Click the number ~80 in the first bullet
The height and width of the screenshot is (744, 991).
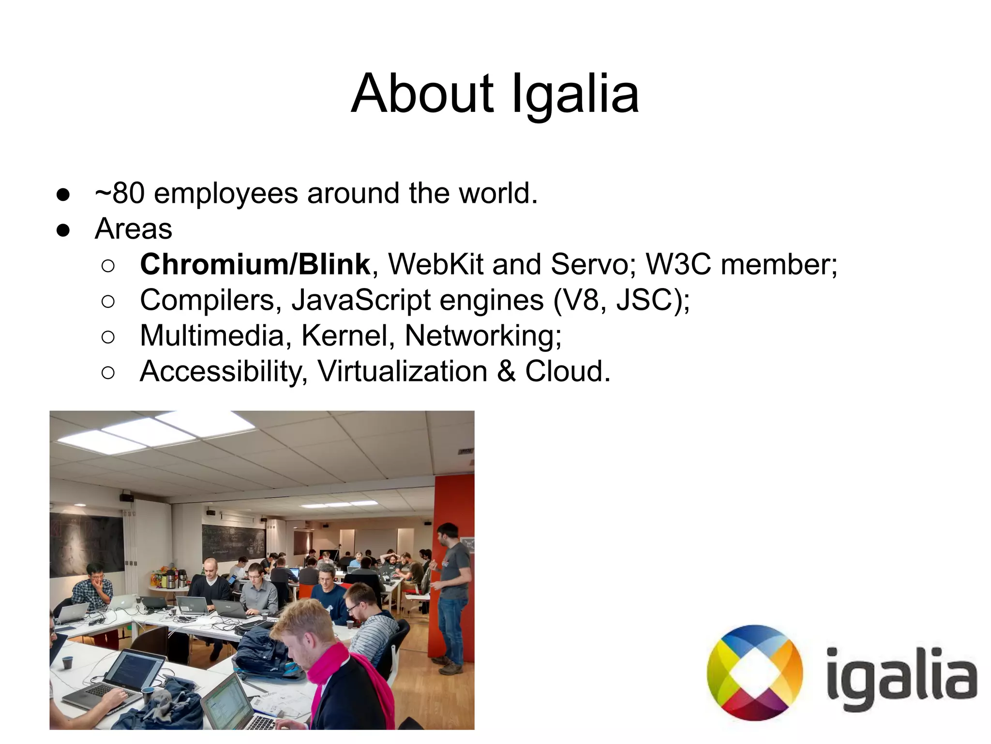[x=120, y=193]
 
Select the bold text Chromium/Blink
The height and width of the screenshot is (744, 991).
[x=255, y=264]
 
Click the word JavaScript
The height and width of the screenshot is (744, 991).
[x=361, y=300]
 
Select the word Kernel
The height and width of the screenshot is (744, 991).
[x=345, y=335]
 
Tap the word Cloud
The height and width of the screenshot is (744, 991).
[x=567, y=371]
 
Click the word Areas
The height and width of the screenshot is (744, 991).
[x=133, y=228]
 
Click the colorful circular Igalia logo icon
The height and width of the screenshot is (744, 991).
[x=754, y=673]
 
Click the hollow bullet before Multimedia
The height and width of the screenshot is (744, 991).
[x=108, y=337]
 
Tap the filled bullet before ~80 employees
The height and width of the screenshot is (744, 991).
[x=63, y=195]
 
